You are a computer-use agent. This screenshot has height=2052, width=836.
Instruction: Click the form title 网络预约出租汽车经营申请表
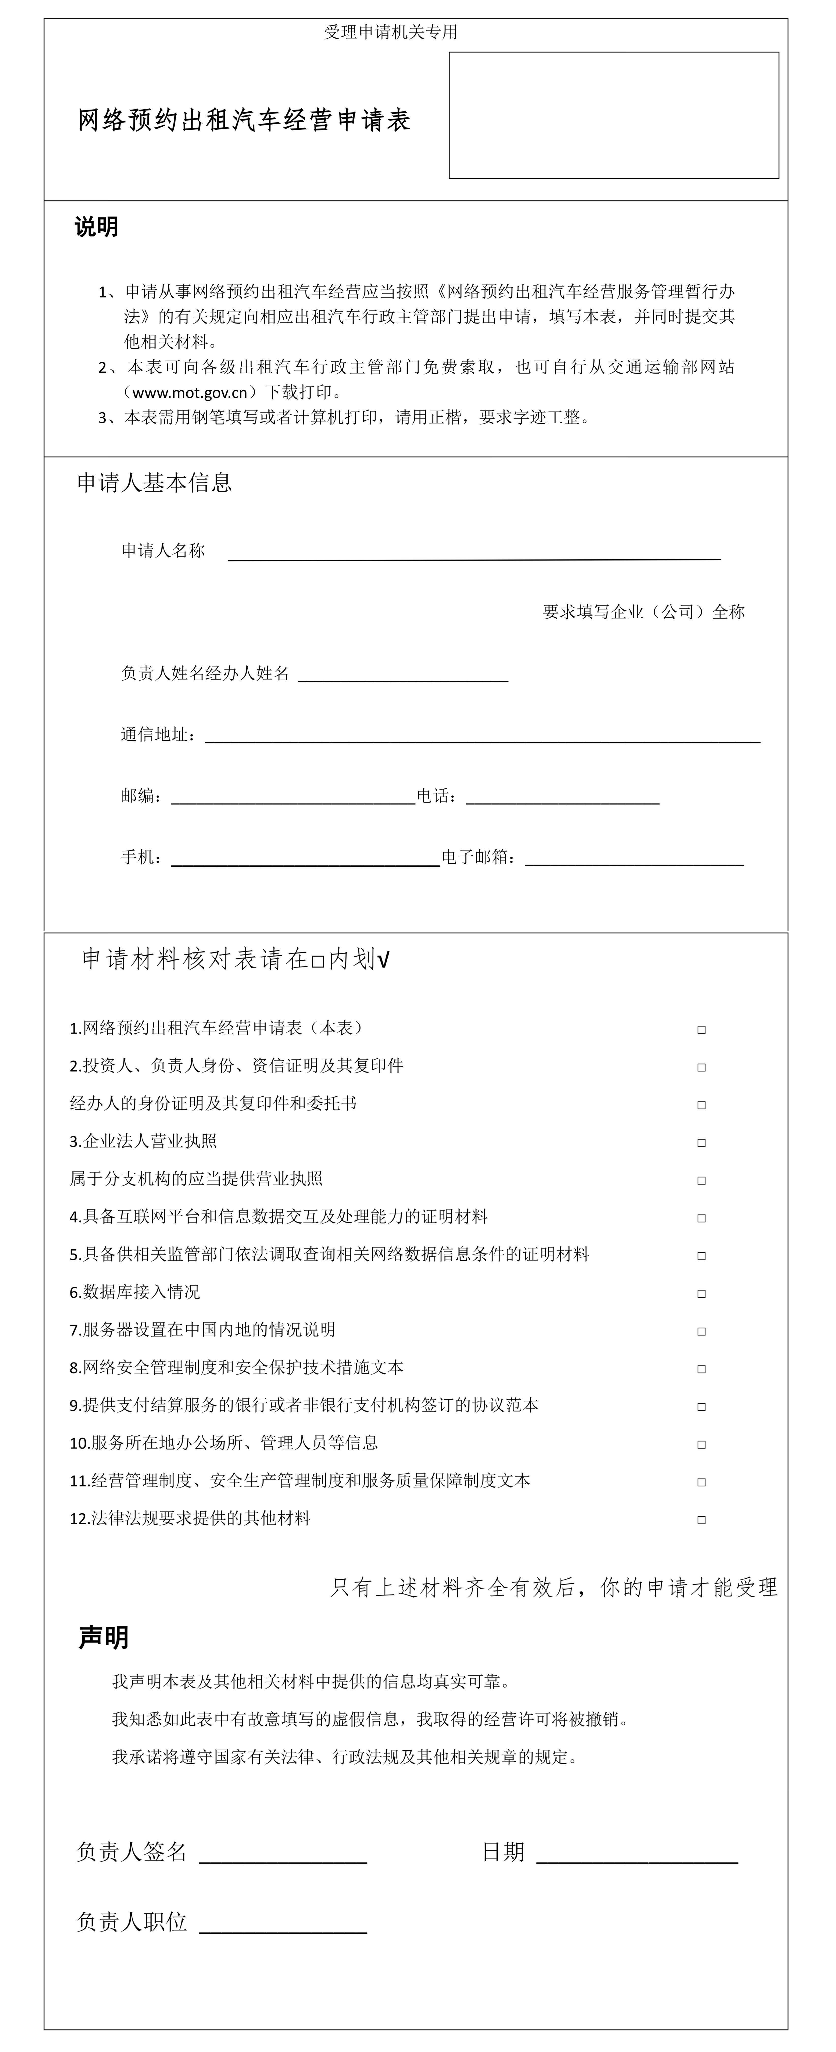coord(244,120)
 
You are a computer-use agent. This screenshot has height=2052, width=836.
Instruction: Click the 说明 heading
coord(96,227)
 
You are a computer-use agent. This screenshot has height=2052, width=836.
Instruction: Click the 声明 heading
coord(103,1638)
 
